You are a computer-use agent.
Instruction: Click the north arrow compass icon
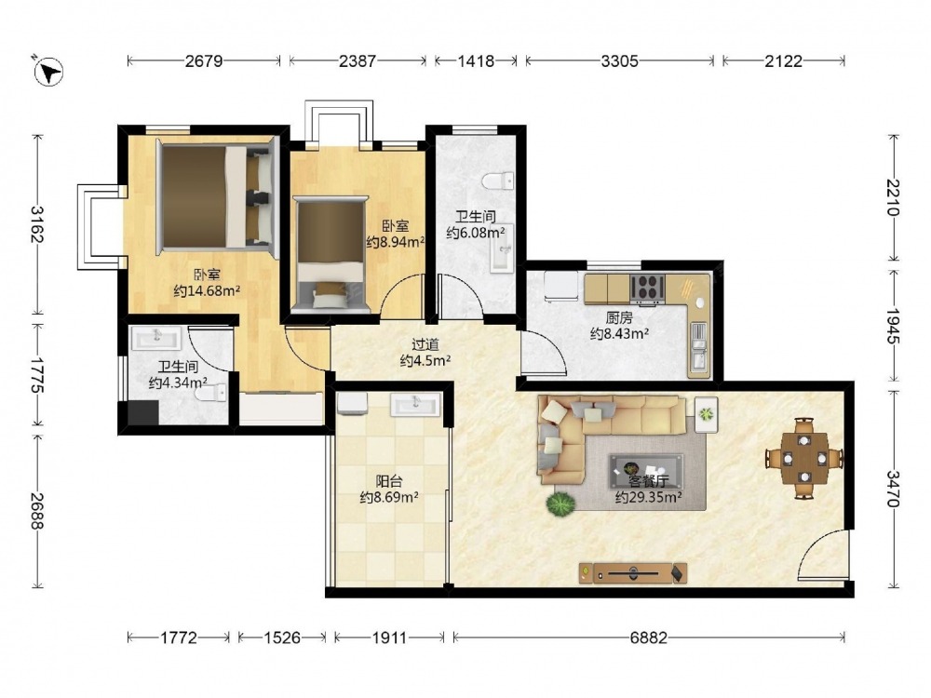(48, 72)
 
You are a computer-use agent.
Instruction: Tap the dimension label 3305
(619, 60)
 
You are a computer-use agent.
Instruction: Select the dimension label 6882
(648, 638)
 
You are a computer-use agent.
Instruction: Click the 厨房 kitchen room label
(619, 318)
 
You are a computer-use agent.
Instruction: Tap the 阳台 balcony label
(388, 481)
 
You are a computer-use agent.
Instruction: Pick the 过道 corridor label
(425, 344)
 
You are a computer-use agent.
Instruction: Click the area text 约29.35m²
(648, 497)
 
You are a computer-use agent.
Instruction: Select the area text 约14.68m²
(207, 290)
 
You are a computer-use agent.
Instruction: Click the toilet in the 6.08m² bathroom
(498, 180)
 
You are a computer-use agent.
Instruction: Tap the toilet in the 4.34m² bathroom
(212, 393)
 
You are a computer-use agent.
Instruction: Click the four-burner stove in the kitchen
(647, 289)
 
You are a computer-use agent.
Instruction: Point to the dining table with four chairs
(804, 458)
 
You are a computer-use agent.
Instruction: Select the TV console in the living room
(633, 573)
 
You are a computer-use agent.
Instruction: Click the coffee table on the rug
(646, 466)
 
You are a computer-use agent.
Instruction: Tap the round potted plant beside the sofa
(560, 503)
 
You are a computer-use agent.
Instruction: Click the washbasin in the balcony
(415, 406)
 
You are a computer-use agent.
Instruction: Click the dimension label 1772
(179, 638)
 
